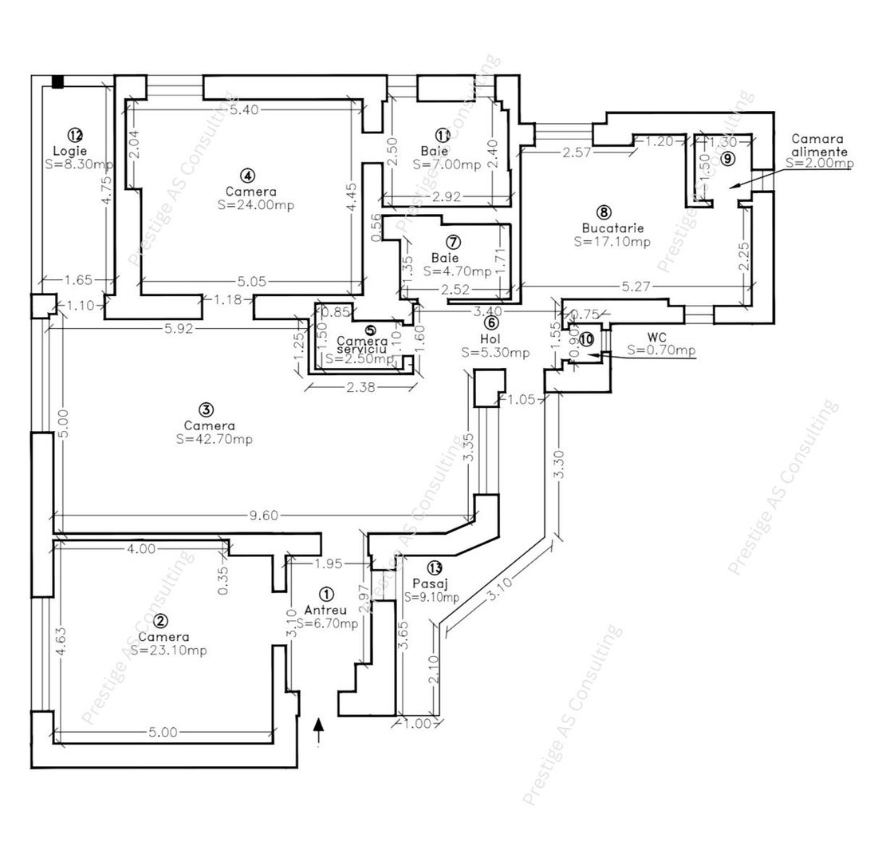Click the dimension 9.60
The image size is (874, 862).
(x=263, y=516)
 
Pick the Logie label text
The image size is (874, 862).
(x=70, y=150)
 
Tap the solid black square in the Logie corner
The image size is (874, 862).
(x=57, y=81)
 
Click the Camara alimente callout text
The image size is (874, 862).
(x=818, y=144)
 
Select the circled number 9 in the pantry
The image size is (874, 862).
(x=726, y=158)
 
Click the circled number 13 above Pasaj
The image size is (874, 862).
(x=434, y=567)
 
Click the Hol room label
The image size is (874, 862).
(x=490, y=338)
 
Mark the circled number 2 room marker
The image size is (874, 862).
(x=161, y=621)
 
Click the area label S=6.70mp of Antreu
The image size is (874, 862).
(x=327, y=623)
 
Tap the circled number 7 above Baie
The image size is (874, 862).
(x=453, y=242)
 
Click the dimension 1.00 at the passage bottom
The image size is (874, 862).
(x=417, y=724)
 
